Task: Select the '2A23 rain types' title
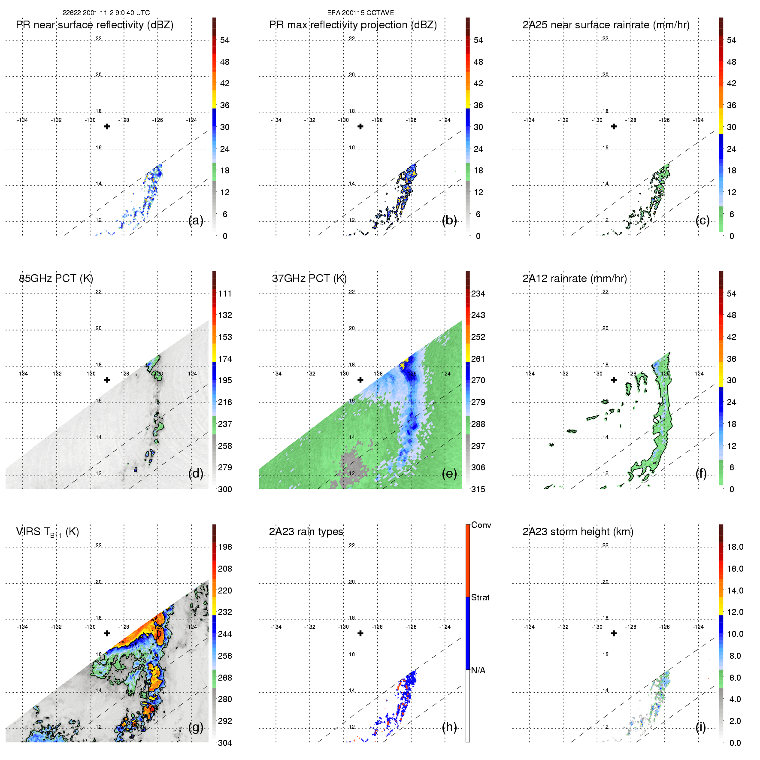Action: pyautogui.click(x=306, y=532)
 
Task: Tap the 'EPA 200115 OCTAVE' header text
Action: pyautogui.click(x=360, y=13)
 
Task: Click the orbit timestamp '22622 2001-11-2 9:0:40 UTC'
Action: pyautogui.click(x=106, y=13)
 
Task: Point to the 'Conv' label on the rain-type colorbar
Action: pyautogui.click(x=481, y=525)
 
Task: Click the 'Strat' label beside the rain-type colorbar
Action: pyautogui.click(x=480, y=598)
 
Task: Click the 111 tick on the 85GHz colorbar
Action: pyautogui.click(x=225, y=294)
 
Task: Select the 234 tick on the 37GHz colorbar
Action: pyautogui.click(x=478, y=294)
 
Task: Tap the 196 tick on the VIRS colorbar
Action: pyautogui.click(x=225, y=547)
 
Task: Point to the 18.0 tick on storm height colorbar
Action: pyautogui.click(x=735, y=547)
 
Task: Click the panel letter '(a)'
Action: pyautogui.click(x=196, y=221)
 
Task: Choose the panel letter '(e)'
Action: pyautogui.click(x=449, y=474)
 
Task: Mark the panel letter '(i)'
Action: pyautogui.click(x=701, y=727)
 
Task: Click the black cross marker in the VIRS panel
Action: pyautogui.click(x=107, y=633)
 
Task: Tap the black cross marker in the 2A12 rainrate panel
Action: pyautogui.click(x=614, y=380)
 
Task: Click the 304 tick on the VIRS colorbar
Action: pyautogui.click(x=225, y=743)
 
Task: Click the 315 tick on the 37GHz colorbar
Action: pyautogui.click(x=478, y=490)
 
